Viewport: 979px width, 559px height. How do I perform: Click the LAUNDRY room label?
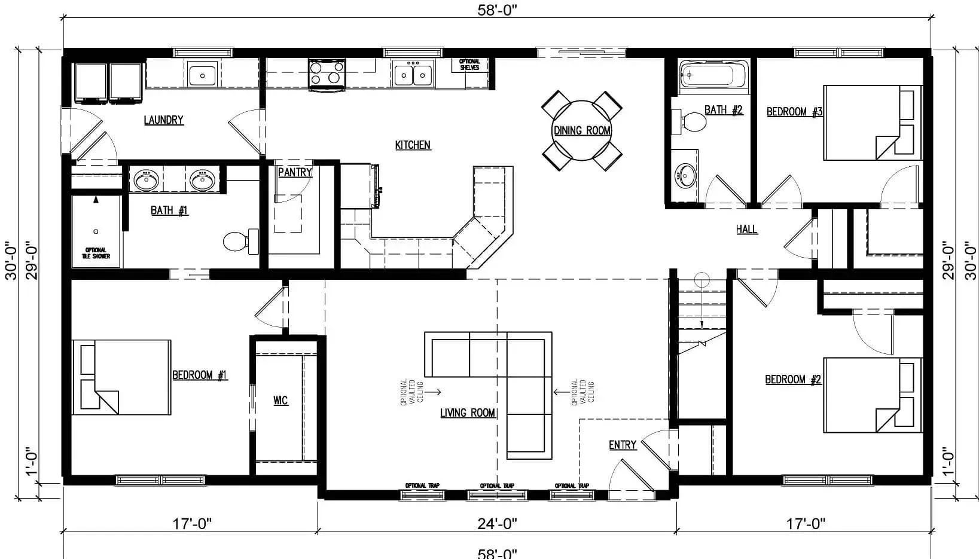[163, 120]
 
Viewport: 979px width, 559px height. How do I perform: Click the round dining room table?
[581, 130]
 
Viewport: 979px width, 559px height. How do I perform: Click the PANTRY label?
[295, 172]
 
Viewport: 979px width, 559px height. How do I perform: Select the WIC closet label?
[280, 400]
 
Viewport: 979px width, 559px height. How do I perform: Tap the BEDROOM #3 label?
[794, 112]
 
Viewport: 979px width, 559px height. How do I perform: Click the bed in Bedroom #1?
[122, 377]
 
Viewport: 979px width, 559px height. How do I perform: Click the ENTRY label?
[622, 445]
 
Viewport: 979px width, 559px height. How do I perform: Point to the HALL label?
[746, 229]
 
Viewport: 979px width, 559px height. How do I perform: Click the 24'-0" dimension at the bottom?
[497, 524]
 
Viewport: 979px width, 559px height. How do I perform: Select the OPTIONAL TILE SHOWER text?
[96, 253]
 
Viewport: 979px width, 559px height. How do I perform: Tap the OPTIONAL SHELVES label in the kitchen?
[469, 65]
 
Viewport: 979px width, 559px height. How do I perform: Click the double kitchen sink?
[413, 75]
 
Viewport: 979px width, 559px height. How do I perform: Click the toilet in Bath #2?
[694, 122]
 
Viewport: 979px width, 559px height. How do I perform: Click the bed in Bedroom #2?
[872, 395]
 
